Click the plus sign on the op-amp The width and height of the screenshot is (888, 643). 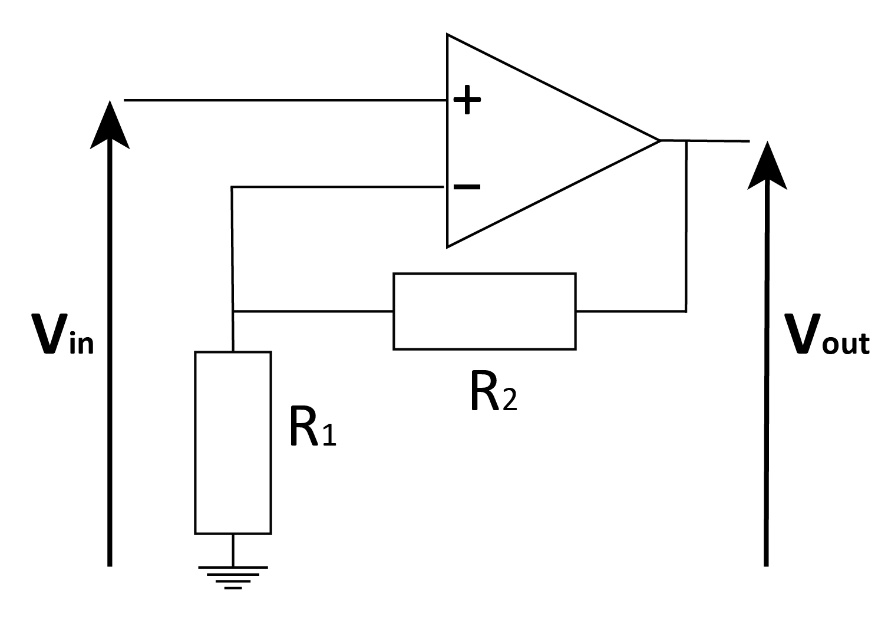467,101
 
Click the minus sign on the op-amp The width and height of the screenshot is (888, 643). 467,187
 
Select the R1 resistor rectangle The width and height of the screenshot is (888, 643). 233,443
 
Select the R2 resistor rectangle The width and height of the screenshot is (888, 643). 484,311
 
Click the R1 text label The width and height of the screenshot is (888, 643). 312,427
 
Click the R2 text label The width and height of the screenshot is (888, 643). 493,391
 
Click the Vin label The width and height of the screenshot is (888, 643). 62,334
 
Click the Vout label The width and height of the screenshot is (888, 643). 826,334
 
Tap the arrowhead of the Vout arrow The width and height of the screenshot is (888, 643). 767,166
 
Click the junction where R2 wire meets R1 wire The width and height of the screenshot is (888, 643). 233,311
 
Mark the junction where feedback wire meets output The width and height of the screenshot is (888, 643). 686,141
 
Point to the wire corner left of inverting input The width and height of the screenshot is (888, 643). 232,187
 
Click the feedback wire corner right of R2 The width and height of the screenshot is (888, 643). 686,311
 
